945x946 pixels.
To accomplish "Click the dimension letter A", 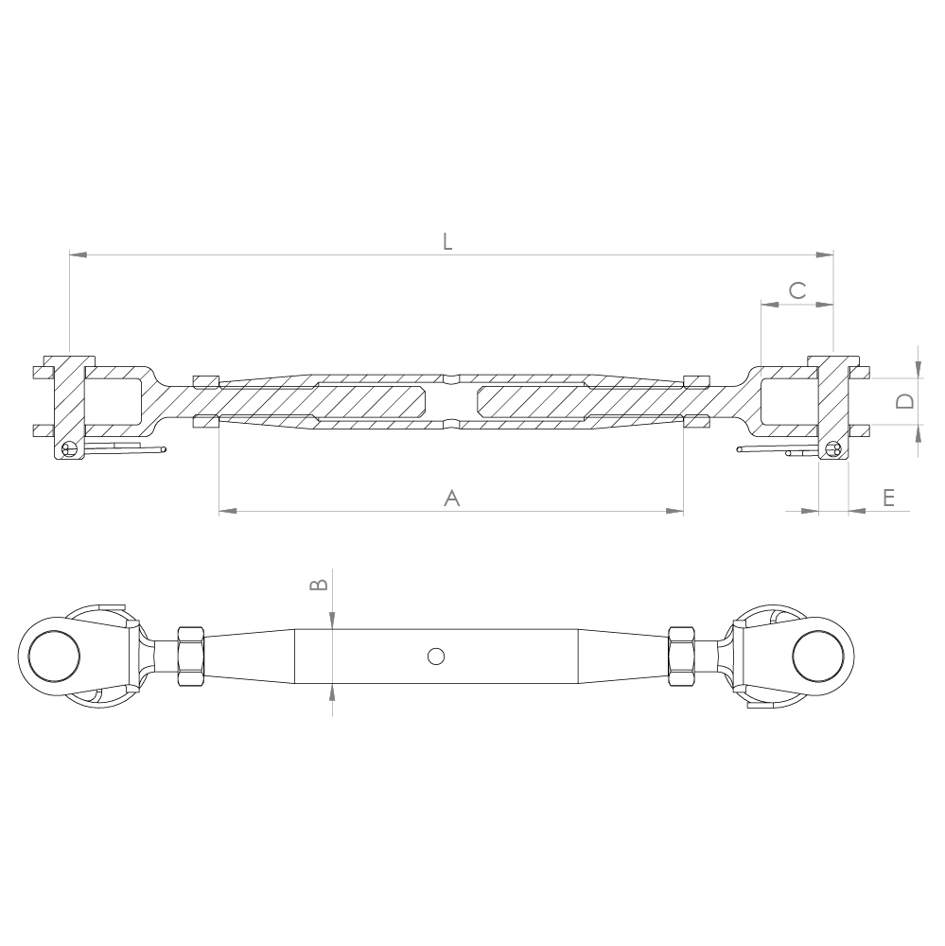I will click(x=452, y=498).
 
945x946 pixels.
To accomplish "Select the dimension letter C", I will click(x=796, y=290).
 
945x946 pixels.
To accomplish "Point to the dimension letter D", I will click(x=905, y=401).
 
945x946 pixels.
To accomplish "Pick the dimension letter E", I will click(x=888, y=498).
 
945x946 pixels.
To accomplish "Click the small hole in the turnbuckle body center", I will click(x=435, y=655).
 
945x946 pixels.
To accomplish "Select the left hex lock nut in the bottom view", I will click(x=189, y=655).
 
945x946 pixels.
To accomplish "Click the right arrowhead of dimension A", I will click(x=675, y=512).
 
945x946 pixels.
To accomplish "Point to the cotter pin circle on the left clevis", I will click(x=67, y=450).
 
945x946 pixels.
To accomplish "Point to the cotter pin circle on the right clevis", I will click(x=832, y=450).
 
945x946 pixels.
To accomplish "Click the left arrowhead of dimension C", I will click(x=768, y=305).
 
